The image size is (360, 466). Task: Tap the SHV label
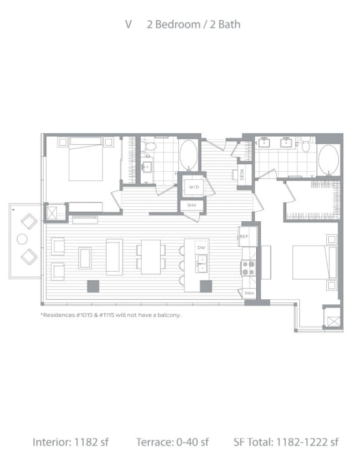point(191,206)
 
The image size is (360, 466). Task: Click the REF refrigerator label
point(245,236)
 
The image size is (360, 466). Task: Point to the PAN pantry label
point(249,292)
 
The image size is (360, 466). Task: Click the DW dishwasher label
point(201,248)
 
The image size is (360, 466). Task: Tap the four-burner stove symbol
point(249,268)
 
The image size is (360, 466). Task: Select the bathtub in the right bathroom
point(329,160)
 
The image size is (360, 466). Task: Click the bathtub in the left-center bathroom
point(188,155)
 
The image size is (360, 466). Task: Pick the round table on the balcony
point(22,239)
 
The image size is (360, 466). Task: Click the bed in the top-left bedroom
point(85,159)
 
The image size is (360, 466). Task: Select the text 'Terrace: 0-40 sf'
point(172,442)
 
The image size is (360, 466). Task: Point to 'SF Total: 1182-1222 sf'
point(286,442)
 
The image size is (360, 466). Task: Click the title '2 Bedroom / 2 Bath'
point(193,24)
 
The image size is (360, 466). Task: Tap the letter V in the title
point(128,24)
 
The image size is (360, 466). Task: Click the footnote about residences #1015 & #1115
point(111,315)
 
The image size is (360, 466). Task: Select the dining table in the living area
point(151,257)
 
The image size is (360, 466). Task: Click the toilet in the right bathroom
point(306,145)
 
